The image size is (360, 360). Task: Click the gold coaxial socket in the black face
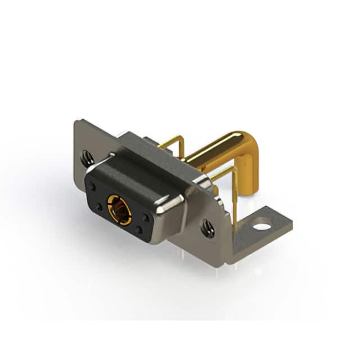coord(119,206)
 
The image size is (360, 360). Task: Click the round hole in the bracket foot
coord(262,227)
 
